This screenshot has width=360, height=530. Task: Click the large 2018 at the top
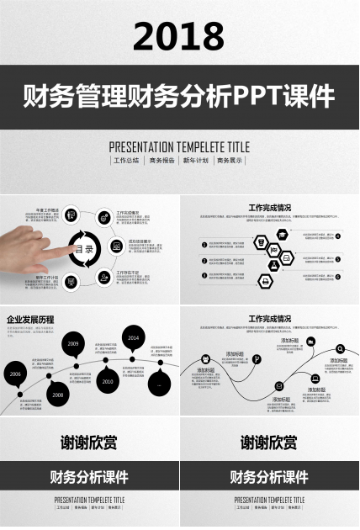point(179,35)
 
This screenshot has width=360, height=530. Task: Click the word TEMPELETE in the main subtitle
point(180,146)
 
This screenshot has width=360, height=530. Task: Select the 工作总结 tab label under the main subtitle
point(126,160)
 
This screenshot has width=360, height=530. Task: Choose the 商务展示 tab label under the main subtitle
point(230,160)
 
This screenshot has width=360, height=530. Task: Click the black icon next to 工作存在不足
point(103,274)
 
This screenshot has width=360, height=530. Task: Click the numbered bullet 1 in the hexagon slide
point(204,245)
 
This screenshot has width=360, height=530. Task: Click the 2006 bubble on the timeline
point(15,373)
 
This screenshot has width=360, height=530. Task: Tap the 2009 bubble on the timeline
point(74,343)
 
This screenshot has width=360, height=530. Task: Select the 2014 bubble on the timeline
point(132,337)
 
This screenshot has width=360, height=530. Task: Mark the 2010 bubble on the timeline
point(107,381)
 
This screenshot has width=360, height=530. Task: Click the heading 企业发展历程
point(30,320)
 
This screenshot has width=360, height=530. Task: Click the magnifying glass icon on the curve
point(339,348)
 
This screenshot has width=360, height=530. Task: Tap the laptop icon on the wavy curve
point(315,379)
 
